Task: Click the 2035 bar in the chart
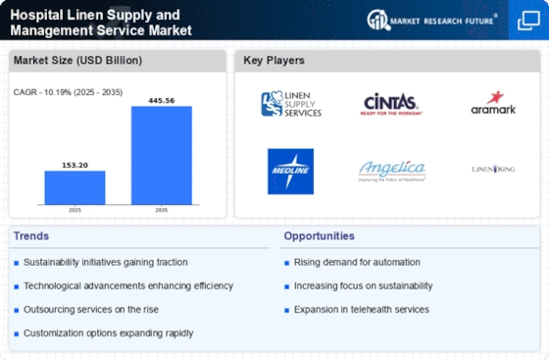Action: pyautogui.click(x=162, y=155)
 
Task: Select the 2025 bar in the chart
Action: pyautogui.click(x=75, y=187)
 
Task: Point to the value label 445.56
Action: pyautogui.click(x=162, y=100)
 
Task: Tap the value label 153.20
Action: pyautogui.click(x=75, y=165)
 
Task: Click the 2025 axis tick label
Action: pyautogui.click(x=75, y=210)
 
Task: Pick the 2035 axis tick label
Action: pyautogui.click(x=162, y=210)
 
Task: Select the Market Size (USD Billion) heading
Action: pyautogui.click(x=77, y=61)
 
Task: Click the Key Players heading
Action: pyautogui.click(x=275, y=61)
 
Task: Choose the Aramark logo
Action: pyautogui.click(x=487, y=103)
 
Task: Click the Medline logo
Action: pyautogui.click(x=290, y=170)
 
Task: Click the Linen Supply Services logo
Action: pyautogui.click(x=291, y=104)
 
